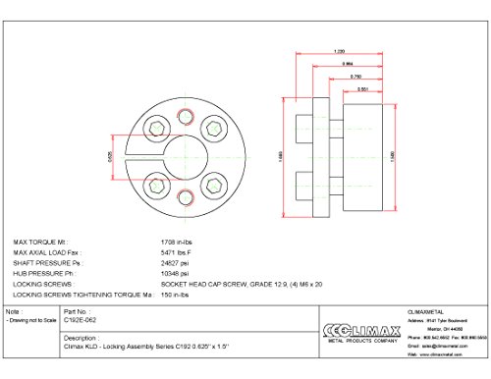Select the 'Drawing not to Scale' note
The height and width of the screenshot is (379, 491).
28,320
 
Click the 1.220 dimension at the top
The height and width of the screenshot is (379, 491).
339,51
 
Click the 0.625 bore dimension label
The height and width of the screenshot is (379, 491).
114,157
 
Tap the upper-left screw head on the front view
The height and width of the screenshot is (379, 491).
155,127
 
